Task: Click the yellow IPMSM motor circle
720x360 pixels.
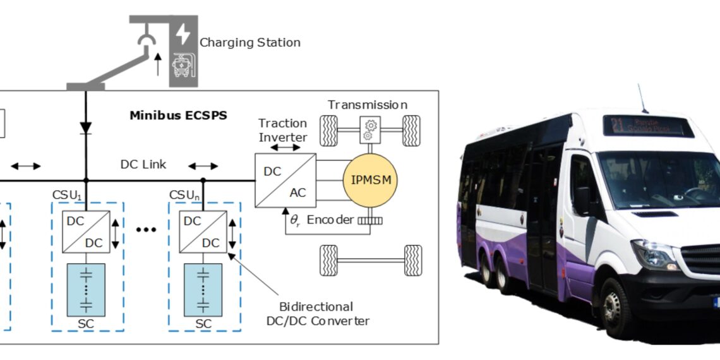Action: point(367,179)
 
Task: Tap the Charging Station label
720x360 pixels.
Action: point(249,43)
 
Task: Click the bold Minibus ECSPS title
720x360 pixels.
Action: point(178,116)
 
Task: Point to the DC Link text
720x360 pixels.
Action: point(143,164)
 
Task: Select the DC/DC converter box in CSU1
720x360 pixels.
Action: point(86,231)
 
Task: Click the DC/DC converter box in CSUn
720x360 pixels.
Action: point(202,231)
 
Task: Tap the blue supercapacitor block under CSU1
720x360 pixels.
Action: point(86,290)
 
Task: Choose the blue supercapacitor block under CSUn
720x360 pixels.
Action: point(203,290)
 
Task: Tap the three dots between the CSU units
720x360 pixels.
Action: point(146,229)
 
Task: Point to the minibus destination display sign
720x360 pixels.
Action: point(647,126)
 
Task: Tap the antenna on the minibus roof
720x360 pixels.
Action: point(643,99)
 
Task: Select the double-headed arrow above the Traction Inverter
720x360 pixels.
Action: point(289,147)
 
